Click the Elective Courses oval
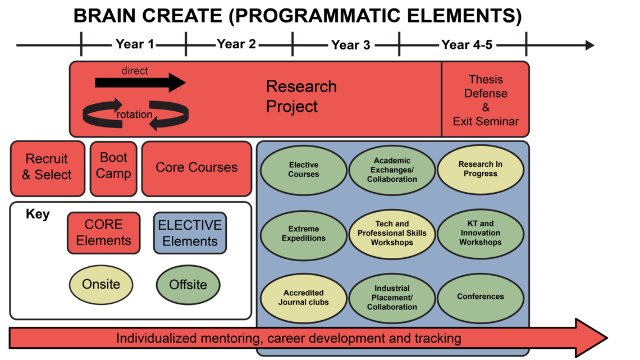point(303,170)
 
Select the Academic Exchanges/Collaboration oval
point(392,170)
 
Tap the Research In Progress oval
point(480,170)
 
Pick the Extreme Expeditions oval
point(303,234)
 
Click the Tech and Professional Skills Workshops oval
point(392,234)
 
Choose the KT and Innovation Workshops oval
point(480,234)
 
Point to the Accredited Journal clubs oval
point(303,298)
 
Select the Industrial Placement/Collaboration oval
point(392,298)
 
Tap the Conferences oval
point(480,298)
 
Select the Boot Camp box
point(113,167)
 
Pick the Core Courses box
point(196,168)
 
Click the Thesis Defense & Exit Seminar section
point(486,101)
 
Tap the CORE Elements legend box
point(104,233)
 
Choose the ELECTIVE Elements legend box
point(190,233)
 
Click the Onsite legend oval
point(101,284)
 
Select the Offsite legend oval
point(188,285)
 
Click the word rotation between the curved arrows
point(134,115)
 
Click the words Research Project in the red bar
point(300,97)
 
